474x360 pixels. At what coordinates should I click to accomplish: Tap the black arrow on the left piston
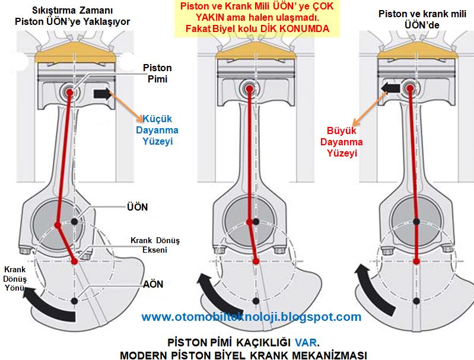100,93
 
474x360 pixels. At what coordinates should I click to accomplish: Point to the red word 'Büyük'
341,131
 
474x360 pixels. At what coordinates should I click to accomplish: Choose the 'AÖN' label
152,284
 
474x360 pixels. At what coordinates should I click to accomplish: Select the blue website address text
252,317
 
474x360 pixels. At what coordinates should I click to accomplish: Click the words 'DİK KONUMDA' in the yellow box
297,28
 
